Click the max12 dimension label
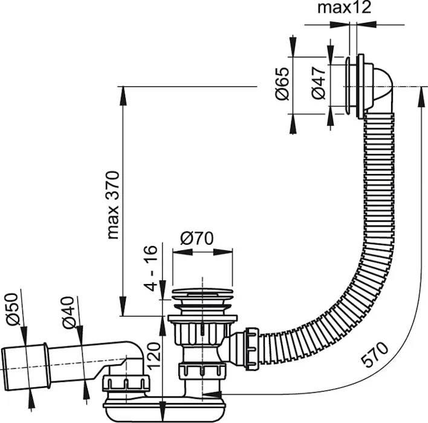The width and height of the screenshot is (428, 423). pyautogui.click(x=344, y=8)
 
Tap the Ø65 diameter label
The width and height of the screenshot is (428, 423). pyautogui.click(x=282, y=83)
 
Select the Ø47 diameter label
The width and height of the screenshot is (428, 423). pyautogui.click(x=319, y=83)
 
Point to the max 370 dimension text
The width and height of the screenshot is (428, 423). pyautogui.click(x=113, y=205)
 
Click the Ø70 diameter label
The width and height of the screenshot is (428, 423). pyautogui.click(x=196, y=238)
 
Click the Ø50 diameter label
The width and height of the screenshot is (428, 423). pyautogui.click(x=13, y=309)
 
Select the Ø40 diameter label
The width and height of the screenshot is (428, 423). pyautogui.click(x=67, y=312)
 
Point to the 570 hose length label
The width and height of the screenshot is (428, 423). pyautogui.click(x=375, y=354)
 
